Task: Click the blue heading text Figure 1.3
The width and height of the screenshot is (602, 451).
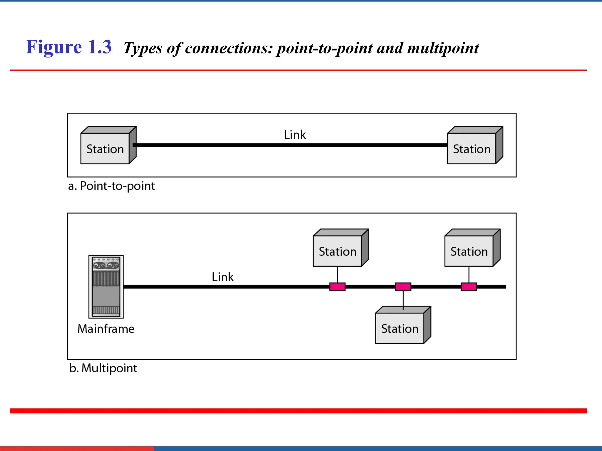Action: click(x=68, y=47)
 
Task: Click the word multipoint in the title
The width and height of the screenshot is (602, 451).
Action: click(x=443, y=48)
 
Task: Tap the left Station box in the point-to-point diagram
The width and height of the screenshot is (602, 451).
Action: click(x=105, y=149)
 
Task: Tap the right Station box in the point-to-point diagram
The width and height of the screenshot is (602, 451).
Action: click(x=472, y=149)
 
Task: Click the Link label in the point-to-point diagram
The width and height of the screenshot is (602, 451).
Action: click(x=295, y=135)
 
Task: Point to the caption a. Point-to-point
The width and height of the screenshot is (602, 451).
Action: click(x=111, y=186)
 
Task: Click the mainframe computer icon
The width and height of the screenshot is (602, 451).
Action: click(x=106, y=287)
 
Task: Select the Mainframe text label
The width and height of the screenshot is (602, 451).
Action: click(x=106, y=329)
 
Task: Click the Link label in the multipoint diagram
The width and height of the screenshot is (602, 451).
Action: click(x=223, y=277)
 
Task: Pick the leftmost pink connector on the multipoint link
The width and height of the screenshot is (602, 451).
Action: click(x=337, y=287)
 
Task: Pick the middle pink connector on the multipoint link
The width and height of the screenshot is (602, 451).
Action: click(x=403, y=287)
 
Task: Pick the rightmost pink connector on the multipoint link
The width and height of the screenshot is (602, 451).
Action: click(x=469, y=287)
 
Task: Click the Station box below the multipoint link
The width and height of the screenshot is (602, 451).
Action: click(x=400, y=328)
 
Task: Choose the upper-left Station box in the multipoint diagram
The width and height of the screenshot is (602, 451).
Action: click(x=337, y=251)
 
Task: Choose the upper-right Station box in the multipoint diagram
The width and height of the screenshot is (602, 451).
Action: click(x=469, y=251)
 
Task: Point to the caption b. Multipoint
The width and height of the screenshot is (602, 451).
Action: click(x=103, y=368)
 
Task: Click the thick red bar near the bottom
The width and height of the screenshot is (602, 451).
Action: click(x=298, y=411)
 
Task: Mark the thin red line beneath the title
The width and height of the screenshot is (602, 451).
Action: click(x=298, y=70)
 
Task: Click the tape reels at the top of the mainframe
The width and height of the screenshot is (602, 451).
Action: click(x=106, y=265)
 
